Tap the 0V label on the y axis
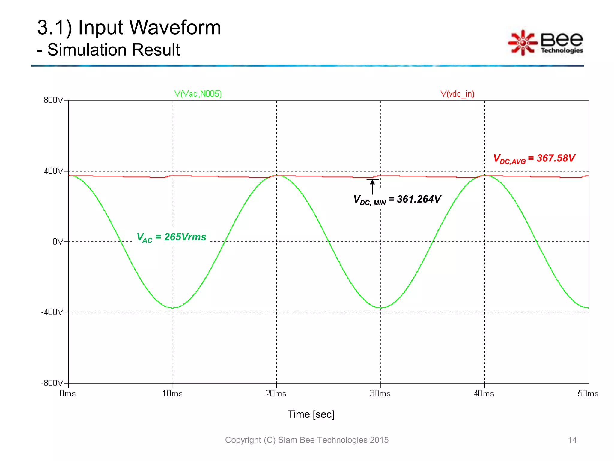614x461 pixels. [58, 242]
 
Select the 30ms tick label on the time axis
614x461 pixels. [380, 393]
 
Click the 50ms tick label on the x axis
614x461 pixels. [588, 393]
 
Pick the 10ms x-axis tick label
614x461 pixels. [172, 393]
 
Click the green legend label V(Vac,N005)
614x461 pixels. [198, 94]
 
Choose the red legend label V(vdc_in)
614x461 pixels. [458, 94]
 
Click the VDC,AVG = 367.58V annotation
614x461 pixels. [534, 158]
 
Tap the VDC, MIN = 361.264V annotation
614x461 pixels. [397, 200]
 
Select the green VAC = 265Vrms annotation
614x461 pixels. [171, 237]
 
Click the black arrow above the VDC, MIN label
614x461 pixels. [372, 187]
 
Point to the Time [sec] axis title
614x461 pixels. [311, 414]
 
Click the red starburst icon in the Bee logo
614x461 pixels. [523, 43]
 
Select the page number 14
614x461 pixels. [572, 440]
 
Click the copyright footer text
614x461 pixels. [307, 440]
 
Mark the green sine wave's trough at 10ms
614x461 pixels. [173, 308]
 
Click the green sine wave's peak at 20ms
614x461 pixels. [277, 176]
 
